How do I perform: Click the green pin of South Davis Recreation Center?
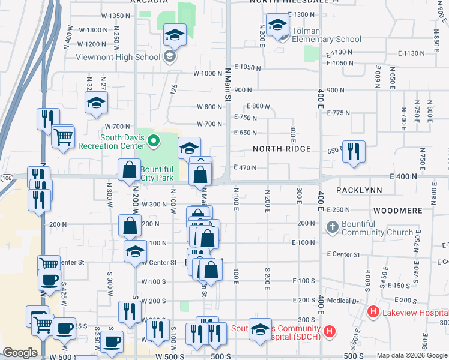(154, 142)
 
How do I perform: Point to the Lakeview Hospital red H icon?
(373, 312)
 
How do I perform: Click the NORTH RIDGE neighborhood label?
(282, 149)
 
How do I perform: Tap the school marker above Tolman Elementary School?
(278, 25)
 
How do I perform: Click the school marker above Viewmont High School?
(175, 35)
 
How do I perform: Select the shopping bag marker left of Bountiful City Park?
(129, 170)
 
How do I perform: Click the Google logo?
(20, 353)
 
